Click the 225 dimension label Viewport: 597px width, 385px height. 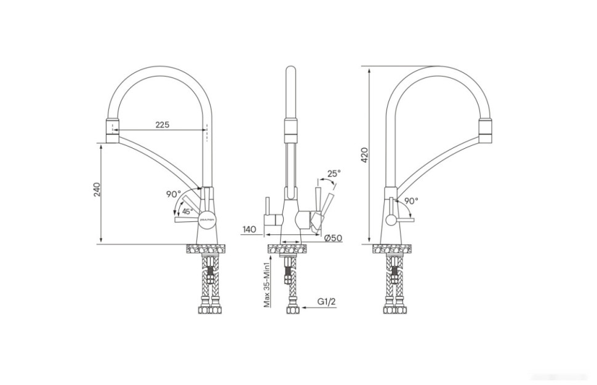[161, 124]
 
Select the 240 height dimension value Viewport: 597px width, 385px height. [97, 189]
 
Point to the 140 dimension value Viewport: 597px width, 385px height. [249, 229]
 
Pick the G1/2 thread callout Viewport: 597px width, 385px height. [326, 301]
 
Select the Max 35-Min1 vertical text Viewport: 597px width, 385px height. [267, 284]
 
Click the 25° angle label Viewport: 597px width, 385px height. [333, 174]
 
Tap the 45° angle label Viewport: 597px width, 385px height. [187, 211]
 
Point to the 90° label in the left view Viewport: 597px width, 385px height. [172, 194]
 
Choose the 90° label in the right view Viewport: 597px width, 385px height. [411, 200]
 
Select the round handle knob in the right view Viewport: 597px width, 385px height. [390, 220]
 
